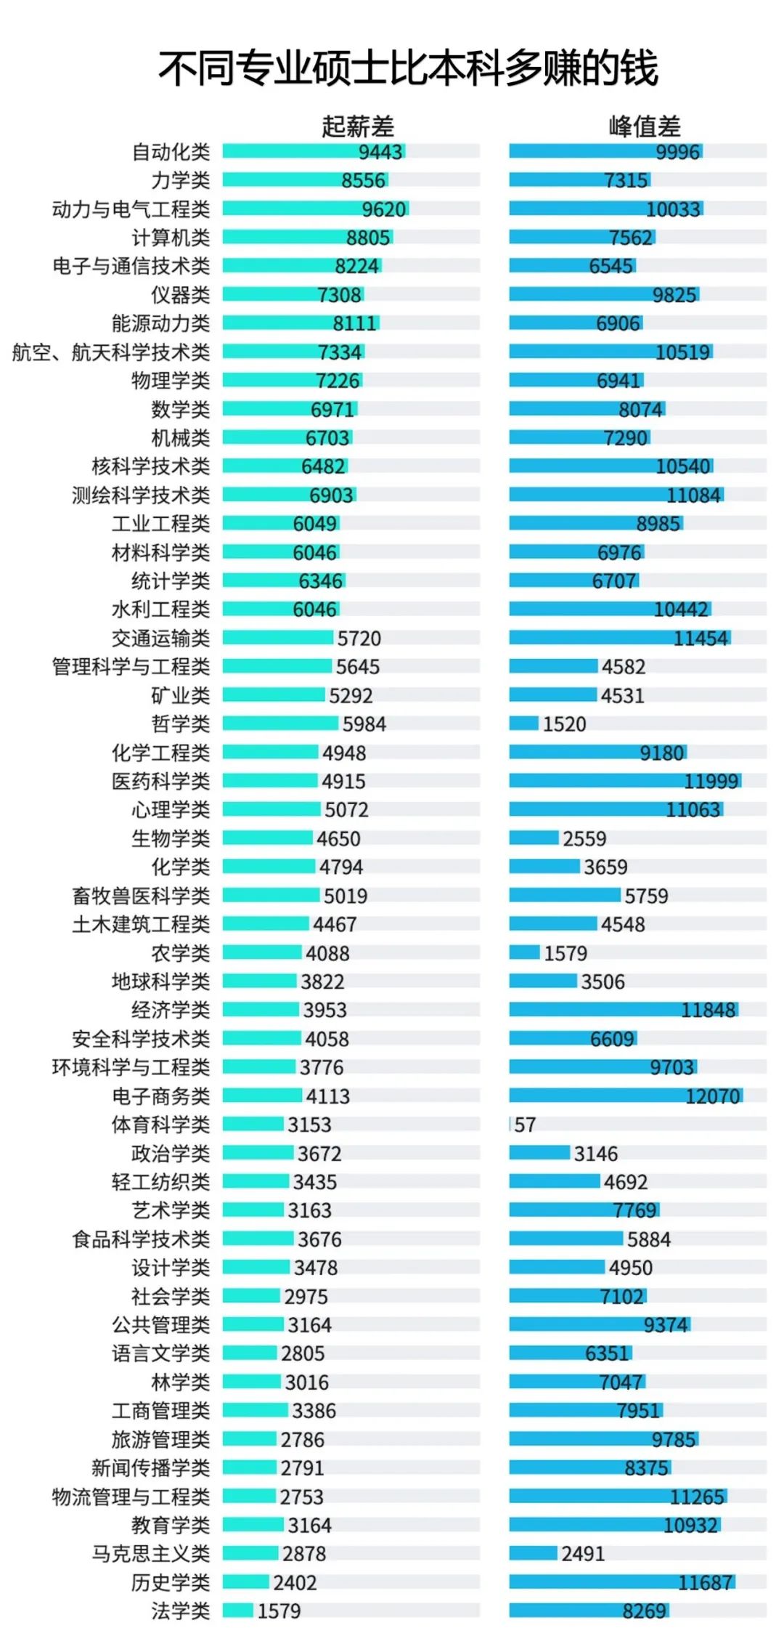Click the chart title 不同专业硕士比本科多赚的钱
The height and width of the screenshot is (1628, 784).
(x=408, y=69)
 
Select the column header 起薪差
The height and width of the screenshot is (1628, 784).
(x=358, y=126)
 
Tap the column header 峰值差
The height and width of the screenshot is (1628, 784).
(x=645, y=126)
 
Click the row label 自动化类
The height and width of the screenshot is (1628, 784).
(x=171, y=152)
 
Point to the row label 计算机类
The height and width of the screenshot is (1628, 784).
(x=171, y=238)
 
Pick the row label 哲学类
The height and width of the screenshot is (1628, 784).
(x=180, y=724)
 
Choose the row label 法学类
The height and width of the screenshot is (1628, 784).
(x=180, y=1611)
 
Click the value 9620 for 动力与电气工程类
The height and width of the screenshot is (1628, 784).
(x=384, y=209)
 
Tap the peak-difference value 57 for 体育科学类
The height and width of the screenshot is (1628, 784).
(x=525, y=1125)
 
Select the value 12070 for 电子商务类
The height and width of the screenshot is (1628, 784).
(x=713, y=1096)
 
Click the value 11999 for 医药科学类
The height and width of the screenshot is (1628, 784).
(x=711, y=781)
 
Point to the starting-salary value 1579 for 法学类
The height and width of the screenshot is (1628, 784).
(x=279, y=1611)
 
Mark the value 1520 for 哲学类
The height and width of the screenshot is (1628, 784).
(x=564, y=724)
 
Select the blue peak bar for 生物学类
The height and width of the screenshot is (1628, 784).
(x=534, y=838)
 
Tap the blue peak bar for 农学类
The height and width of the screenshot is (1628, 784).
(x=524, y=952)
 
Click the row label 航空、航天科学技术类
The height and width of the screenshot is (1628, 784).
(x=111, y=352)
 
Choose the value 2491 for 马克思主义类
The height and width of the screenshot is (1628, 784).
(x=582, y=1553)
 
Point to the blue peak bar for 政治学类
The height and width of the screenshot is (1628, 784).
(x=539, y=1153)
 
